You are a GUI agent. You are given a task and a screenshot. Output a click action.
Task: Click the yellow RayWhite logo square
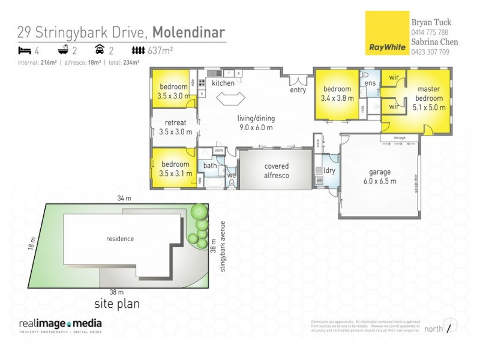coord(386,33)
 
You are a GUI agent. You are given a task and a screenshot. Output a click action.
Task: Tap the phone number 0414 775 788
coord(429,32)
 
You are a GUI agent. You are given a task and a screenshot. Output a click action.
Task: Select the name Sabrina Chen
coord(434,42)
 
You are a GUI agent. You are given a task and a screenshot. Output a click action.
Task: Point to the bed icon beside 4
coord(24,50)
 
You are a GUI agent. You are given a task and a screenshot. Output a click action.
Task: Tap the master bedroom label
coord(428,99)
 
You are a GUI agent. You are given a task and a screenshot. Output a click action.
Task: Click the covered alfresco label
coord(276,170)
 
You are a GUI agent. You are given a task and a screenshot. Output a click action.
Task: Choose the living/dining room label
coord(256,122)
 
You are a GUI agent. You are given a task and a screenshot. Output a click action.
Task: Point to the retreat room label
coord(175,127)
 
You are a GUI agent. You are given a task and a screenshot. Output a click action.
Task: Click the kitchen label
coord(223,83)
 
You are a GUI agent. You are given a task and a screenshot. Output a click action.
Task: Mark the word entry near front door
coord(298,90)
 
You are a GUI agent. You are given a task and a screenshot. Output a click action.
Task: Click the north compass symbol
coord(452,327)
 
